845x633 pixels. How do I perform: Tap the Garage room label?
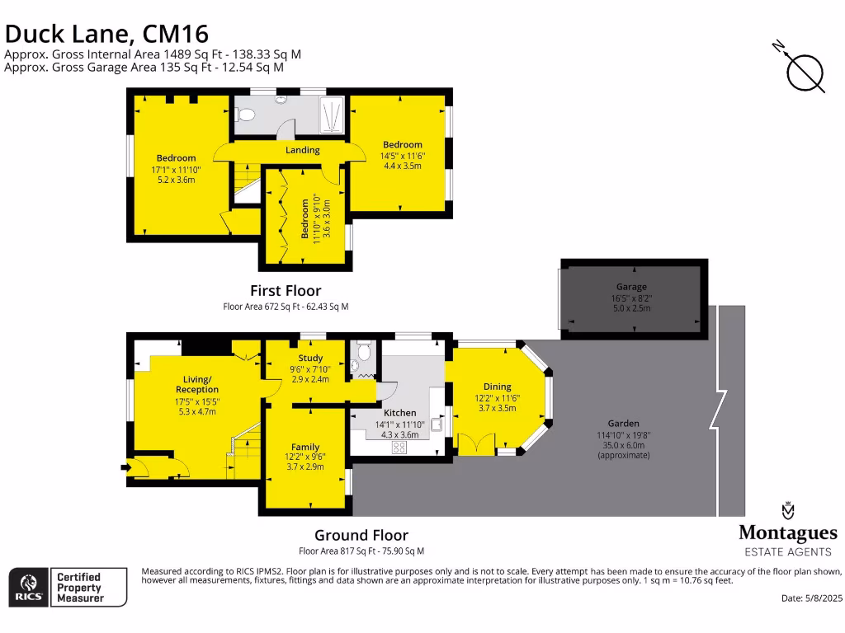click(x=631, y=287)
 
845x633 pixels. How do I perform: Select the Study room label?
click(x=310, y=358)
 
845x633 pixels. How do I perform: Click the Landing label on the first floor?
click(x=303, y=150)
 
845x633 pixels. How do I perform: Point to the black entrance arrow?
click(x=125, y=468)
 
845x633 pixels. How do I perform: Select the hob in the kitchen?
click(x=399, y=447)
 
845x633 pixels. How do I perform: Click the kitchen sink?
click(x=435, y=425)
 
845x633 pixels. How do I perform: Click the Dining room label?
click(x=498, y=387)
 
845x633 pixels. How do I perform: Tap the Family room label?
click(x=305, y=447)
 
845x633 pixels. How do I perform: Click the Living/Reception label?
click(x=197, y=384)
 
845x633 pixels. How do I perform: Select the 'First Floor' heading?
click(x=286, y=290)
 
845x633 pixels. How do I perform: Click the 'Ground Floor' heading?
click(x=361, y=535)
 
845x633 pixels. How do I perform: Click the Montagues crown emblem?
click(x=787, y=510)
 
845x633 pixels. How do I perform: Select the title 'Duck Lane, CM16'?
click(x=106, y=34)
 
